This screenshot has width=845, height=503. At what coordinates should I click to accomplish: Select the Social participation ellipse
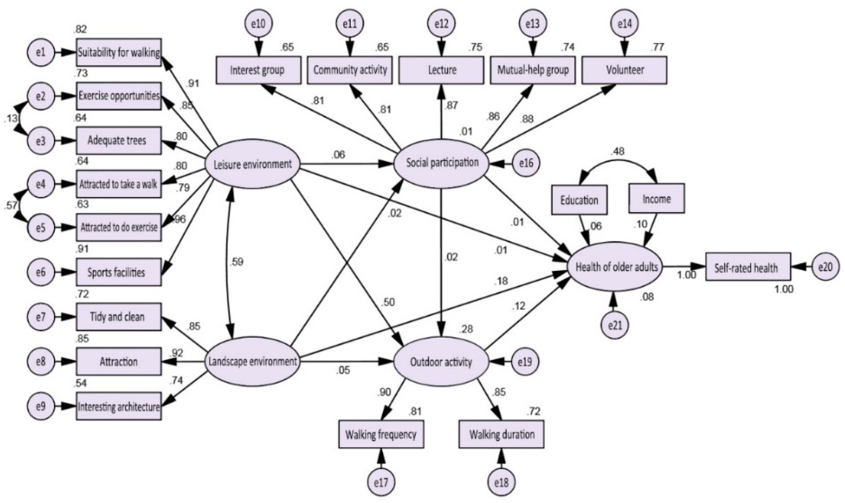tap(442, 163)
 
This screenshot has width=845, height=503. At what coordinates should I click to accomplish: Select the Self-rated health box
tap(748, 268)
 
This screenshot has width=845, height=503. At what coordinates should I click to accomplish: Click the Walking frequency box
tap(381, 434)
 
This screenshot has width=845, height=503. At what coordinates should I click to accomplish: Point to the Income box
tap(656, 199)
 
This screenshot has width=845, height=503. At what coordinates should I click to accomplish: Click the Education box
tap(579, 200)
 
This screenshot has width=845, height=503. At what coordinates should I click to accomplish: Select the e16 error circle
tap(526, 163)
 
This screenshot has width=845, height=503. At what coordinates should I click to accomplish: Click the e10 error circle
tap(259, 24)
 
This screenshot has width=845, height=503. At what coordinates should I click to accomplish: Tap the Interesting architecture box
tap(119, 406)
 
